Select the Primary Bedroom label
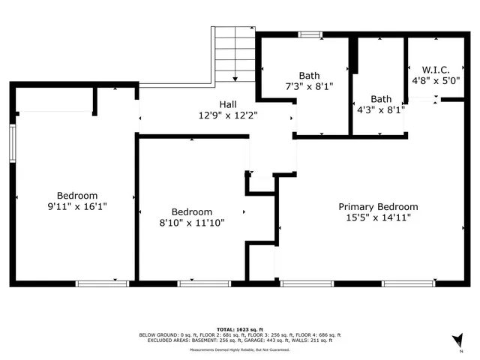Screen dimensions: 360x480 378,206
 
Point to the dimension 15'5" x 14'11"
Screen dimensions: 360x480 378,217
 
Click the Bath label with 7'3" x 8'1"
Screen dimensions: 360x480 309,75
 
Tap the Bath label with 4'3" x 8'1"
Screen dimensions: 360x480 381,98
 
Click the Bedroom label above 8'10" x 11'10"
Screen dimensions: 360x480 192,211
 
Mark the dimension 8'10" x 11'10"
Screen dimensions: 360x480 192,223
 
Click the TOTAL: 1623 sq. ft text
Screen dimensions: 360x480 239,329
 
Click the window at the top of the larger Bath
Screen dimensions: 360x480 310,34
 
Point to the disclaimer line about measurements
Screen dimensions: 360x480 239,349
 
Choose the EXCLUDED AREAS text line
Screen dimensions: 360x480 239,340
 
